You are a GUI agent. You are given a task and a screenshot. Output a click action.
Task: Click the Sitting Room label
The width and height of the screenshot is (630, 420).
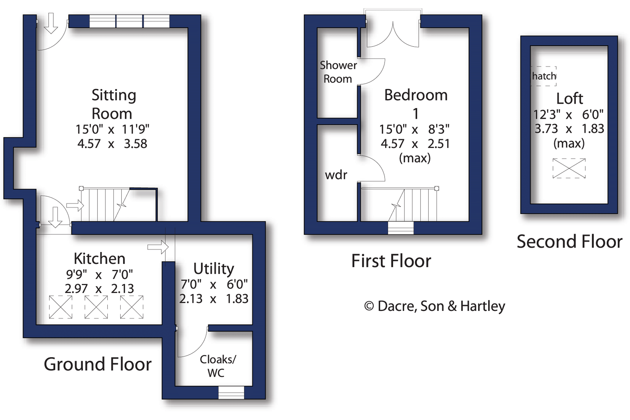tap(113, 104)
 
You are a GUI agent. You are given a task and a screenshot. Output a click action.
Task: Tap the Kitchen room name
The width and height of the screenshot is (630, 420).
tap(100, 258)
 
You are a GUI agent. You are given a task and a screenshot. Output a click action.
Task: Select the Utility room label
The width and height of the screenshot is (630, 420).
tap(214, 269)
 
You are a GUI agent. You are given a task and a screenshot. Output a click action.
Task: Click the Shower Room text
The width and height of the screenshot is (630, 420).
tap(338, 72)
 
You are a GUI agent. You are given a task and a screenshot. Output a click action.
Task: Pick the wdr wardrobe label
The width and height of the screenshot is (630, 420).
tap(336, 175)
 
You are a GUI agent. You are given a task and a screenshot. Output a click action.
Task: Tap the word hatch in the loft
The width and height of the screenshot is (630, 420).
tap(544, 76)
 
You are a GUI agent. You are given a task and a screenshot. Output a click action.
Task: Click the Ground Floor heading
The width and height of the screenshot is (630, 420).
tap(97, 364)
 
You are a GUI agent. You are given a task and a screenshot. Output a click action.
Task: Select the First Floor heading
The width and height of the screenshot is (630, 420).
tap(391, 261)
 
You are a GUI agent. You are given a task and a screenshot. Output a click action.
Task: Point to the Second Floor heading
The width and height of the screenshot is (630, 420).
tap(569, 241)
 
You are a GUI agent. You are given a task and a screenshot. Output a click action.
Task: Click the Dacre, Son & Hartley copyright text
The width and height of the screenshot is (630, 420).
tap(434, 306)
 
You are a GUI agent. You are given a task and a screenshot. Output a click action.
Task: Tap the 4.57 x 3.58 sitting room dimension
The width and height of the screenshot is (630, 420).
tap(112, 144)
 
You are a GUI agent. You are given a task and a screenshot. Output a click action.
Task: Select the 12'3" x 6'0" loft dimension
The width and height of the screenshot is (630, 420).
tap(568, 114)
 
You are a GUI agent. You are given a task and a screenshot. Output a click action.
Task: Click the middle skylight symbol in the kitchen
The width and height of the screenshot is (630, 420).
tap(96, 307)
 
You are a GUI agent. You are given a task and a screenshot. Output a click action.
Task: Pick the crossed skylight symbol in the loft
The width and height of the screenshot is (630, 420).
tap(569, 168)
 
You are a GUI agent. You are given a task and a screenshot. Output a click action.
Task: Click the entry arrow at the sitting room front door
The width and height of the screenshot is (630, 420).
tap(51, 23)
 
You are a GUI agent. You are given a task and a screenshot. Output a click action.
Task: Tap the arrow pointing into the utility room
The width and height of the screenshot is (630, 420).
tap(158, 247)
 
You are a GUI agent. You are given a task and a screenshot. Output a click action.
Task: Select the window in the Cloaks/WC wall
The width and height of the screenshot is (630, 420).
tap(231, 392)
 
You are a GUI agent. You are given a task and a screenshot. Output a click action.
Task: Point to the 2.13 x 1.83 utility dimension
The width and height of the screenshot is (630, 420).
tap(214, 299)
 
